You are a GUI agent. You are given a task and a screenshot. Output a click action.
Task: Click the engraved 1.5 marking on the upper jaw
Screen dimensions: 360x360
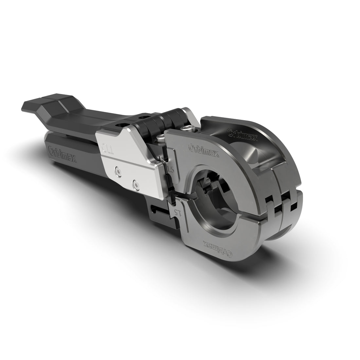[170, 169]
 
